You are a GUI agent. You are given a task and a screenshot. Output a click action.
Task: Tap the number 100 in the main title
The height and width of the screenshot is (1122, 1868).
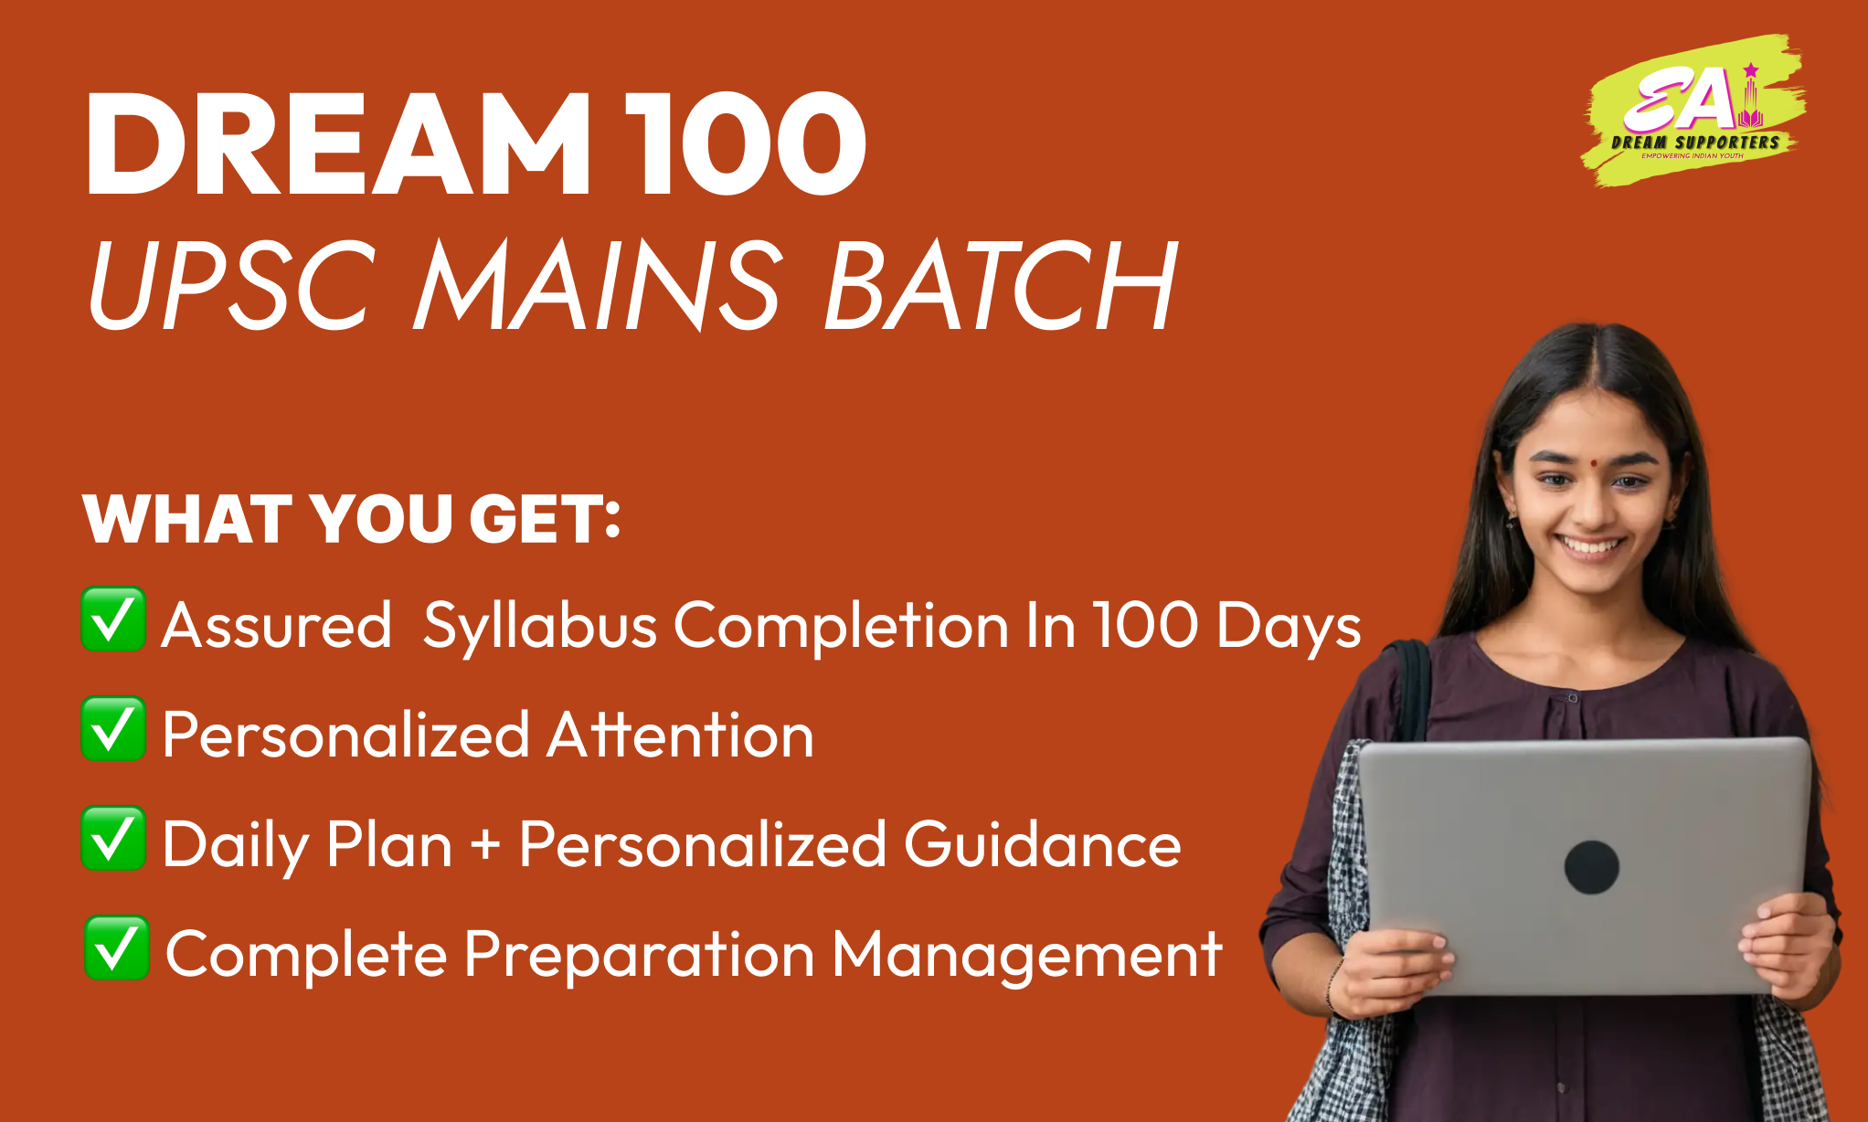(x=745, y=143)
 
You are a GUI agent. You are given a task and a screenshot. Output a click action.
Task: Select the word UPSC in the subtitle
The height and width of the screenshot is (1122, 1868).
(x=231, y=284)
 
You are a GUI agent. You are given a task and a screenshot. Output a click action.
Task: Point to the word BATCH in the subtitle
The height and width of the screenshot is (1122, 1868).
(x=1002, y=284)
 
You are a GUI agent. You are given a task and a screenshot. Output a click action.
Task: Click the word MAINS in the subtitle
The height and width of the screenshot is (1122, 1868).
(x=600, y=284)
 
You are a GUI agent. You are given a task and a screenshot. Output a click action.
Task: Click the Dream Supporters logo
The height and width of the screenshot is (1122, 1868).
(x=1693, y=111)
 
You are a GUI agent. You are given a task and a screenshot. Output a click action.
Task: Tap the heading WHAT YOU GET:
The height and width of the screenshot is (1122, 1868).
(x=352, y=519)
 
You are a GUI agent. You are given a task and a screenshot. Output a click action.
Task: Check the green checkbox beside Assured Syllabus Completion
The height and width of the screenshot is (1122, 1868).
(x=113, y=619)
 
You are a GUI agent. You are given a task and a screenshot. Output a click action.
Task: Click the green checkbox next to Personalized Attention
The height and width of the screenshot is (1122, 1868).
(x=113, y=729)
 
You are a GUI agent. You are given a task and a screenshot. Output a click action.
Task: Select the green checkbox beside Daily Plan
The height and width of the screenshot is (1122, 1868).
(x=113, y=839)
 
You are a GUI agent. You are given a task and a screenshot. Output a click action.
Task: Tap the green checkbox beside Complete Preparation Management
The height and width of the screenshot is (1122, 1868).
(x=117, y=948)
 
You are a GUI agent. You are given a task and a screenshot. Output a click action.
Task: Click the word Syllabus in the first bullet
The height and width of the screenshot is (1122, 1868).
(x=540, y=628)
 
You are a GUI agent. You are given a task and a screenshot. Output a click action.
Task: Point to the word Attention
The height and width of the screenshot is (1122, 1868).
(x=681, y=735)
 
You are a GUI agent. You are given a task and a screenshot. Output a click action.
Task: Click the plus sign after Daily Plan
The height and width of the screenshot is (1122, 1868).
(x=485, y=845)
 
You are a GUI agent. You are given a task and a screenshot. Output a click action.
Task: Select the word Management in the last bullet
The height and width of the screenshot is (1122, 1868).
(x=1027, y=956)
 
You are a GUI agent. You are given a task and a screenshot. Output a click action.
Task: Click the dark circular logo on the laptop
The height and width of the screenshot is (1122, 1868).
(x=1592, y=867)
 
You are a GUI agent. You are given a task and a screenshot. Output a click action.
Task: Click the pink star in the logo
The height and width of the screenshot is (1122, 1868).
(x=1751, y=70)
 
